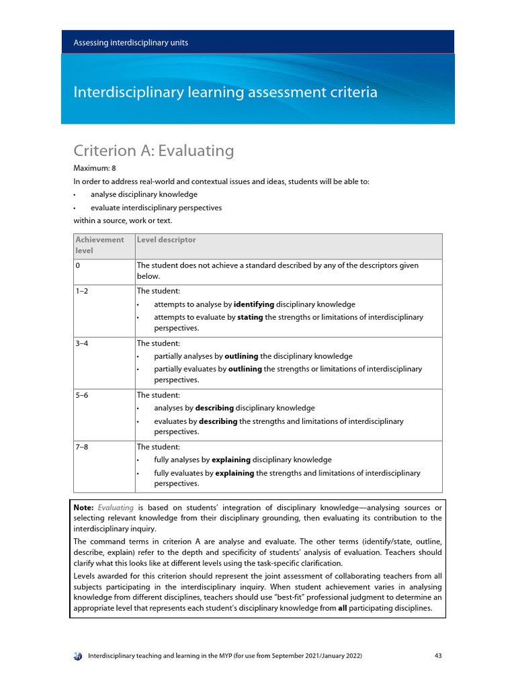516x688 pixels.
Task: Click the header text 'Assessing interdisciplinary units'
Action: [x=130, y=42]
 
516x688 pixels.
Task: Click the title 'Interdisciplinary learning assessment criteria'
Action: [x=225, y=92]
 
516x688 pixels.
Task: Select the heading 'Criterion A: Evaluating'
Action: [x=153, y=150]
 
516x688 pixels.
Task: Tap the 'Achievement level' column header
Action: [x=99, y=245]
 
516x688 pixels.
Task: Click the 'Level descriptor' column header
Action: [x=166, y=240]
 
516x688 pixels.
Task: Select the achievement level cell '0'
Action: [x=78, y=265]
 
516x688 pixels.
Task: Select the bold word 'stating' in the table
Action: [x=250, y=317]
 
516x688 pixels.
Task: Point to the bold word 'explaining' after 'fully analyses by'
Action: [x=230, y=460]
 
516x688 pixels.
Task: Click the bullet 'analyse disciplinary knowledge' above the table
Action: [x=144, y=194]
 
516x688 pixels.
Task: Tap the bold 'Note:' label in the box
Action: [x=84, y=507]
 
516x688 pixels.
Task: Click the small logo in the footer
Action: [x=78, y=655]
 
